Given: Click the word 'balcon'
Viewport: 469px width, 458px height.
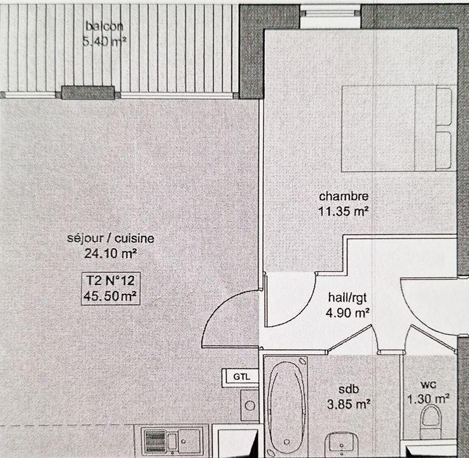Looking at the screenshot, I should point(104,27).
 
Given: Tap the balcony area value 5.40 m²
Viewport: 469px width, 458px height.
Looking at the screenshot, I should point(104,43).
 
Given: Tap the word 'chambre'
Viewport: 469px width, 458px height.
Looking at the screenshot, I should point(344,196).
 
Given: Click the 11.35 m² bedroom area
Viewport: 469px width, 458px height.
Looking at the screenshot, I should point(344,211).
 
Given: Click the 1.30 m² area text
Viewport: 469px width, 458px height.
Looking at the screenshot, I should point(428,399).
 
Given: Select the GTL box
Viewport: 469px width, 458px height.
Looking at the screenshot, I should point(240,376).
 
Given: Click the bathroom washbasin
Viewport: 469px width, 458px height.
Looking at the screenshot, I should point(344,445).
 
